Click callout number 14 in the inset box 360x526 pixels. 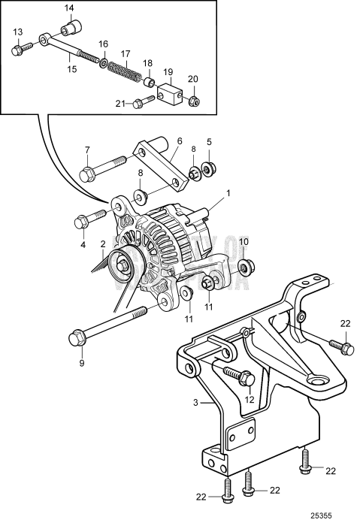point(68,8)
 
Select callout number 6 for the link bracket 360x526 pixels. point(179,141)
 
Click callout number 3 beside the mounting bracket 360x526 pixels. point(195,403)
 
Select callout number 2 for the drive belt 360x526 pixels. point(102,244)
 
